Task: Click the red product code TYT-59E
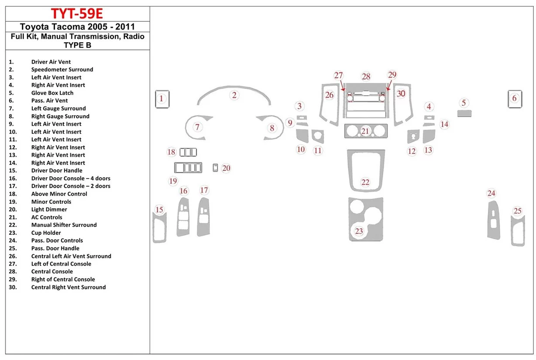77,13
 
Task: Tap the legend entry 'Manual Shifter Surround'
64,225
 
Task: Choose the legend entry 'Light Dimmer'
49,209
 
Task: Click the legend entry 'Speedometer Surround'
62,69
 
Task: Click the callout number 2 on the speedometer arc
234,95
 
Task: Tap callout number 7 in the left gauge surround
198,127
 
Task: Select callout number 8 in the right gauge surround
272,128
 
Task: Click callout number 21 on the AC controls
365,131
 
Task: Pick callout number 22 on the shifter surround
365,182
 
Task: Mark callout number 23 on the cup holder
359,231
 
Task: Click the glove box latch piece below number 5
464,113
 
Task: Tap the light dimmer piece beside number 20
215,168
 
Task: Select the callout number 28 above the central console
366,77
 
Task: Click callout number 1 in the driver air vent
161,99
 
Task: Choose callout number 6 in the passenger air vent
514,98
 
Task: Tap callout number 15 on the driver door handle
159,210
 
